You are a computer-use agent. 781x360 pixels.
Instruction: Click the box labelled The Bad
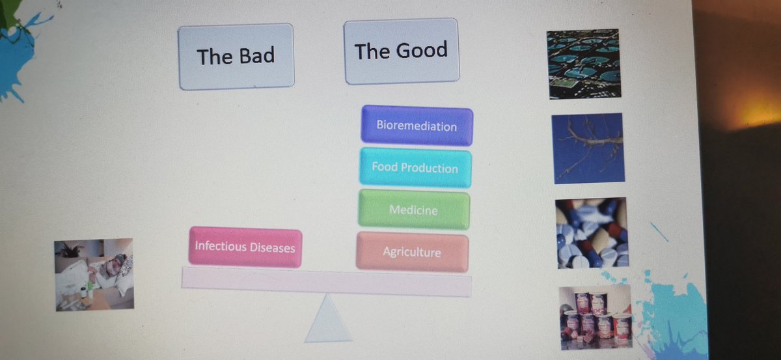coord(236,57)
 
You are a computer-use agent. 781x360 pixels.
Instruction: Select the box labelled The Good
coord(401,51)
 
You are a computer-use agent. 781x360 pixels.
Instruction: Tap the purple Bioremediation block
coord(417,125)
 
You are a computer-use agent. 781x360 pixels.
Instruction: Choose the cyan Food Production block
coord(415,167)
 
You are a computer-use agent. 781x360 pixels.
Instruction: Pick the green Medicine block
coord(413,210)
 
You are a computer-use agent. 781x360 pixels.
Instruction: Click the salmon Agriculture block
coord(411,252)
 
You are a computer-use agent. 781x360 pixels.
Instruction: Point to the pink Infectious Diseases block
coord(245,247)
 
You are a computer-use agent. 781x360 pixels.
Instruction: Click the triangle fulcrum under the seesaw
coord(327,322)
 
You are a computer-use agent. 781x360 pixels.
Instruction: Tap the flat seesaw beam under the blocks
coord(325,282)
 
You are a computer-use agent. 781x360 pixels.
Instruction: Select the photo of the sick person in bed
coord(94,274)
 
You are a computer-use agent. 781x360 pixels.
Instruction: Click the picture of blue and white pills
coord(591,233)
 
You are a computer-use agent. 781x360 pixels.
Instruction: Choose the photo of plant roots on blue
coord(588,148)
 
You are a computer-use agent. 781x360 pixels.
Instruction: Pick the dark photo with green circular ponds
coord(584,64)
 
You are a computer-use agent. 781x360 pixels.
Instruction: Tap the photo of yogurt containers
coord(595,318)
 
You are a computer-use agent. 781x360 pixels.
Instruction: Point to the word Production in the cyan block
coord(429,168)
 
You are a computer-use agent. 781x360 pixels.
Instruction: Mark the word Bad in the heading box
coord(256,56)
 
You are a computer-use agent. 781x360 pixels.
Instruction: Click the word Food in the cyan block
coord(384,167)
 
